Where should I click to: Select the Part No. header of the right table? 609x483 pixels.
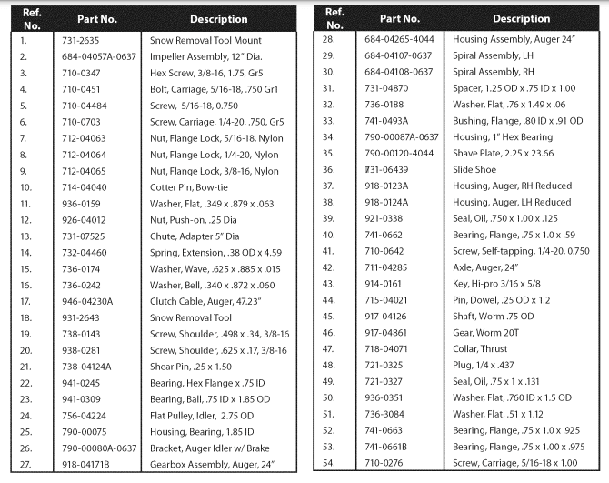[x=400, y=18]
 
